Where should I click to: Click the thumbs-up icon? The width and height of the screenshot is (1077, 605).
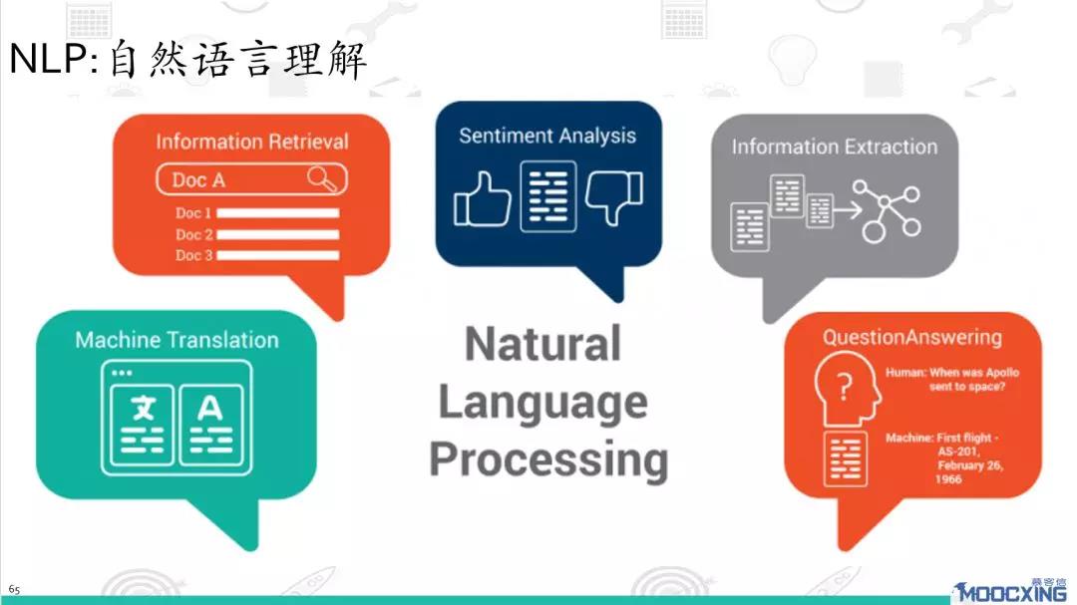[x=483, y=199]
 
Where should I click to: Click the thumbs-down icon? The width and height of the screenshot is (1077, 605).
[x=614, y=197]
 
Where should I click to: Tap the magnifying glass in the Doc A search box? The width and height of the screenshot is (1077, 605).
[x=321, y=178]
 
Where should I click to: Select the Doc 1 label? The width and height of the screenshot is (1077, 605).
[x=193, y=213]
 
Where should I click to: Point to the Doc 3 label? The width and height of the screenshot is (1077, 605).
[x=193, y=255]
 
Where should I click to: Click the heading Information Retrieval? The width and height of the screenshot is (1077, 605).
[x=252, y=142]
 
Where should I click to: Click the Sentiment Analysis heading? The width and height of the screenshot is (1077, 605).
[x=547, y=136]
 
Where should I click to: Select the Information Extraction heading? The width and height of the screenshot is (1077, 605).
[x=835, y=147]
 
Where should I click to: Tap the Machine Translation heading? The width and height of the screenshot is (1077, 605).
[x=178, y=339]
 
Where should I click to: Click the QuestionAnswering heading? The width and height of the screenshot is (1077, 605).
[x=912, y=337]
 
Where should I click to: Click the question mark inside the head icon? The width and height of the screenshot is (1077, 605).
[x=845, y=387]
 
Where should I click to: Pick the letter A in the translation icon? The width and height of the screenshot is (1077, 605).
[x=209, y=409]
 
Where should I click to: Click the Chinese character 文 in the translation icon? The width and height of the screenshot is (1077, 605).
[x=143, y=409]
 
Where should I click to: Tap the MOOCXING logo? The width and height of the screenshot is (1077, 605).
[x=1010, y=591]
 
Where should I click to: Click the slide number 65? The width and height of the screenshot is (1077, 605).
[x=14, y=589]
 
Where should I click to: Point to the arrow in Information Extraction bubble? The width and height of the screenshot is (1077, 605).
[x=849, y=209]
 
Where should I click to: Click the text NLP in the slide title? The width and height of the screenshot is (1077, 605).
[x=49, y=59]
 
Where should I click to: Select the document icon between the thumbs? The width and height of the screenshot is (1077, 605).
[x=548, y=196]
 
